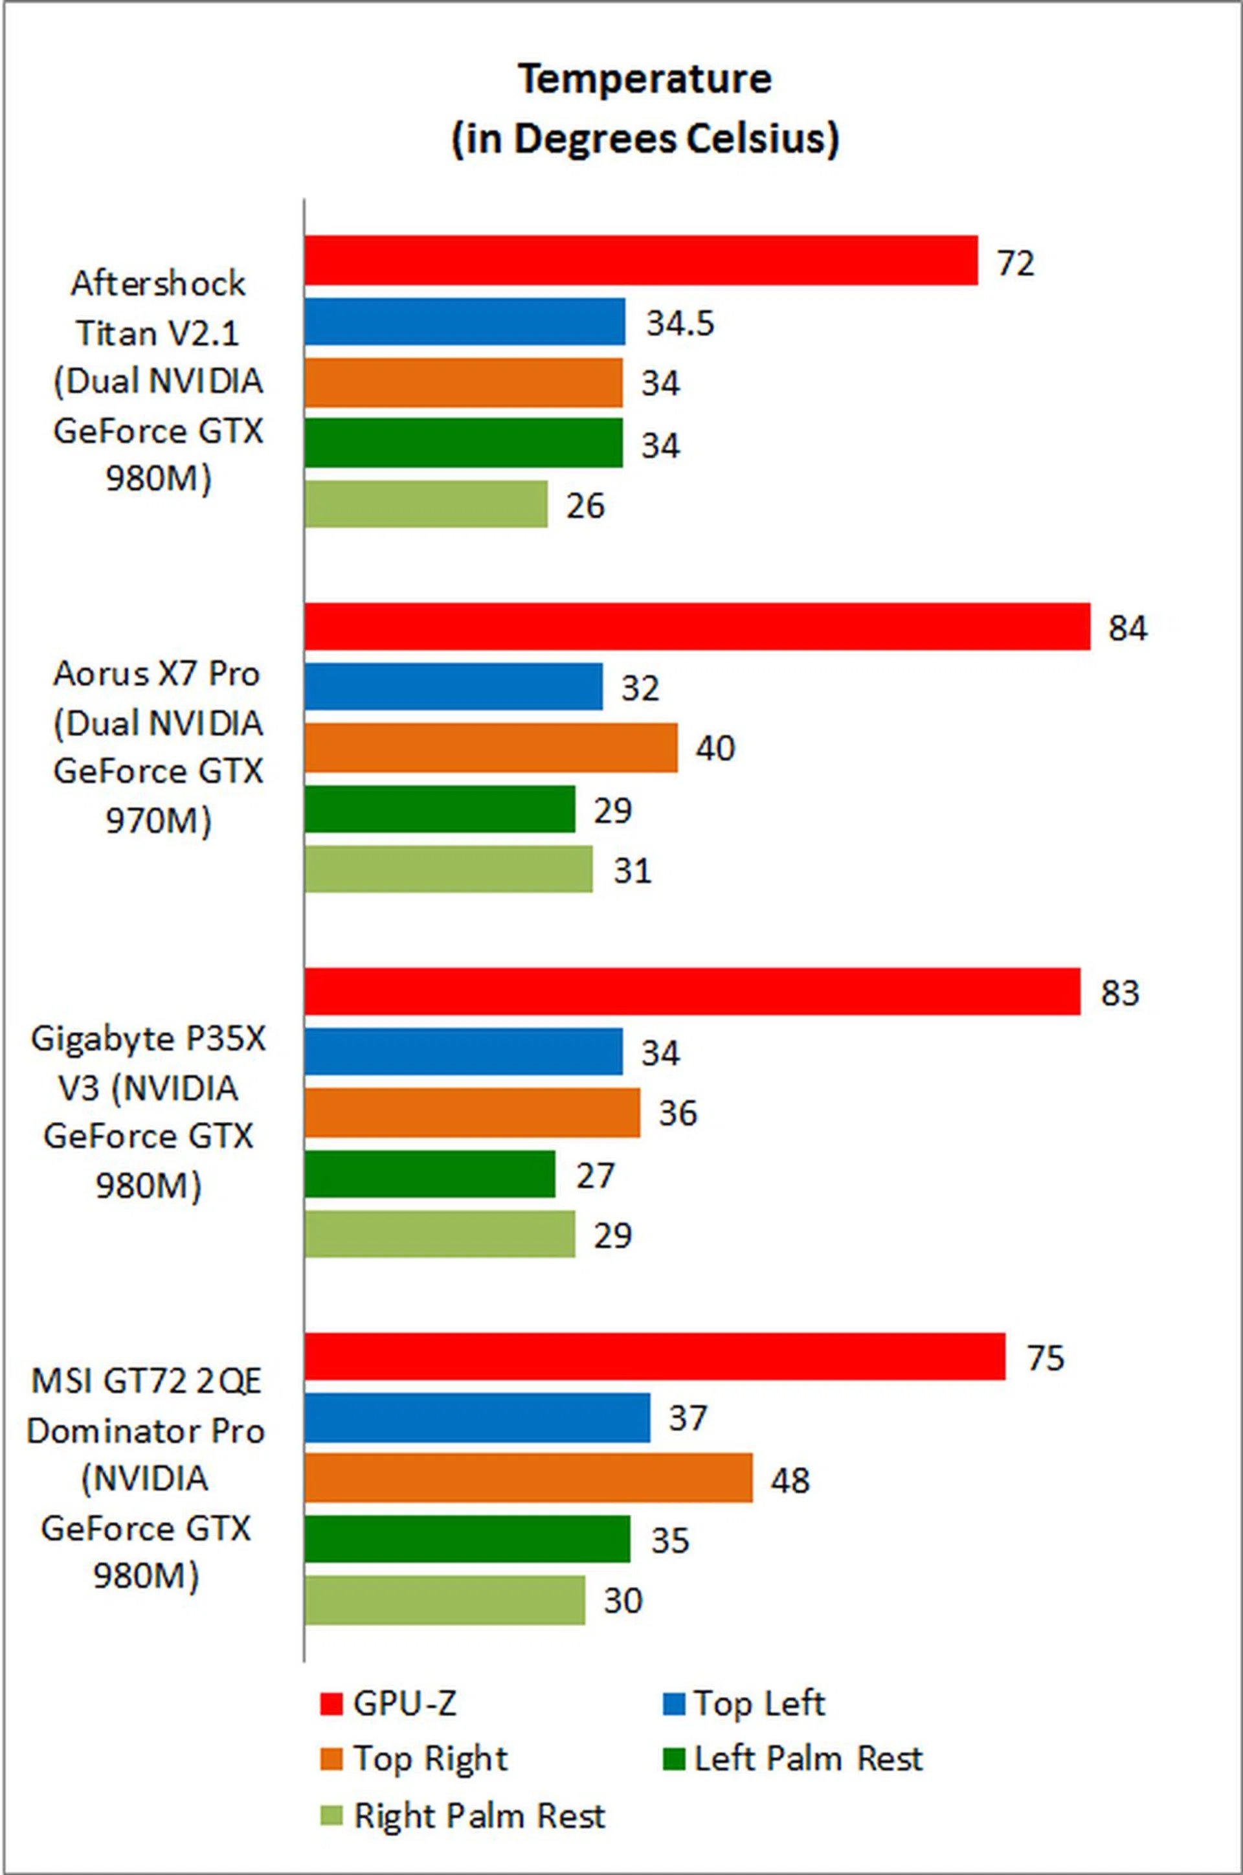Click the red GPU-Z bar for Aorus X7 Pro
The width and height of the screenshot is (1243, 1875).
pos(698,626)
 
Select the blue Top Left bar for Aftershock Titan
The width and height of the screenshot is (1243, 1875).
pos(465,322)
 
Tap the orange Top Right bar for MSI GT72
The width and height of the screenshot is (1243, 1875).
pos(528,1478)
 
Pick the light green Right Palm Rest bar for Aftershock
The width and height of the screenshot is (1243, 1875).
pos(426,504)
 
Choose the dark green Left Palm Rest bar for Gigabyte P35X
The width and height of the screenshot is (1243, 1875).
pos(430,1174)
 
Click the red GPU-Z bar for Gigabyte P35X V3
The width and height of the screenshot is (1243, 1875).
pos(692,991)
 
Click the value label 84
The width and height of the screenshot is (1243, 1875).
pos(1127,628)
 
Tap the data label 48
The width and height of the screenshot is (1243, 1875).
pos(790,1480)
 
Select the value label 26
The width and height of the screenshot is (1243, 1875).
pos(585,506)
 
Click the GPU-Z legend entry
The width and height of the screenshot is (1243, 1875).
pos(404,1702)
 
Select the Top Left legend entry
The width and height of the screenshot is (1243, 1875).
pos(759,1702)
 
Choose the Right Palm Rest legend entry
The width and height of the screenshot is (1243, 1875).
pos(479,1815)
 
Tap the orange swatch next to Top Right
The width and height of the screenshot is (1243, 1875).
pos(331,1759)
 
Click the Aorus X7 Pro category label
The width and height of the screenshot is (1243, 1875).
pos(157,674)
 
